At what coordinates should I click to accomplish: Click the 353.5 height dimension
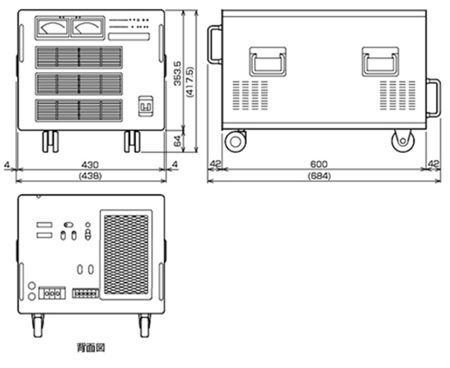click(x=178, y=73)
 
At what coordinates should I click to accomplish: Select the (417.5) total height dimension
click(x=190, y=82)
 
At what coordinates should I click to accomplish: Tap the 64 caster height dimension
click(x=178, y=141)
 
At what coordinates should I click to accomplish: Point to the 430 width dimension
click(x=90, y=165)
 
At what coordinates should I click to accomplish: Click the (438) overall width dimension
click(x=90, y=175)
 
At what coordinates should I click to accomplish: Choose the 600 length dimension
click(x=319, y=164)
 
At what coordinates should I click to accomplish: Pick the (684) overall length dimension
click(x=319, y=175)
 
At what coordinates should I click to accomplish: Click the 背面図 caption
click(x=91, y=348)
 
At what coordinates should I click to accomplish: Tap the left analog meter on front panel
click(x=52, y=28)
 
